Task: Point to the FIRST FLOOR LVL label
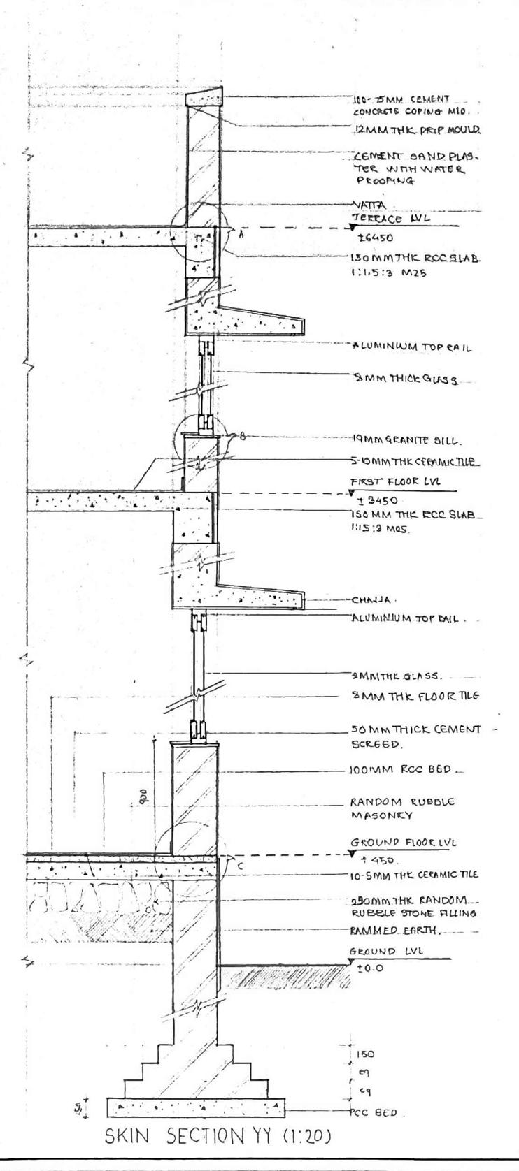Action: click(394, 481)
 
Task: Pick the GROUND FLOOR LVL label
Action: click(402, 843)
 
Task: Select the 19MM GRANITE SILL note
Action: click(395, 441)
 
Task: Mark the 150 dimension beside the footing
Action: click(365, 1054)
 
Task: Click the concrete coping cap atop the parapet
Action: click(204, 99)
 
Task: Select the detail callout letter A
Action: click(241, 235)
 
